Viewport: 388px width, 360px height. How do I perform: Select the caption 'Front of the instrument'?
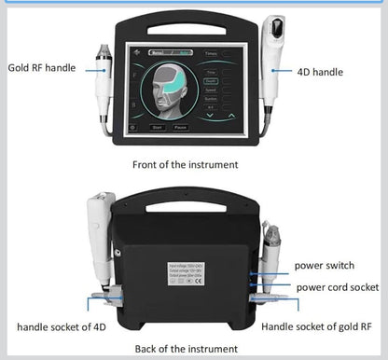pyautogui.click(x=184, y=164)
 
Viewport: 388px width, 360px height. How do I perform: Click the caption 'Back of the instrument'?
pyautogui.click(x=184, y=347)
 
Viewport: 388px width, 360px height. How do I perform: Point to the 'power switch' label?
pyautogui.click(x=325, y=265)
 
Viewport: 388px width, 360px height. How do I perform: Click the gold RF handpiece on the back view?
pyautogui.click(x=272, y=250)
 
